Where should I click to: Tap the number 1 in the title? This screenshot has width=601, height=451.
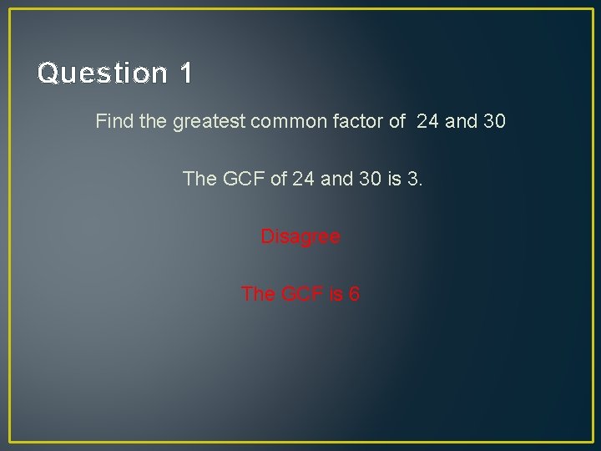(185, 73)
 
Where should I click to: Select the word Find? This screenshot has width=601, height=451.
(114, 122)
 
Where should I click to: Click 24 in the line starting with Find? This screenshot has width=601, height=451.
(427, 122)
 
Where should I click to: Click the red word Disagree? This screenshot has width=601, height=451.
(300, 237)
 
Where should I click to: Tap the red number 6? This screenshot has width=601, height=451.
(354, 294)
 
